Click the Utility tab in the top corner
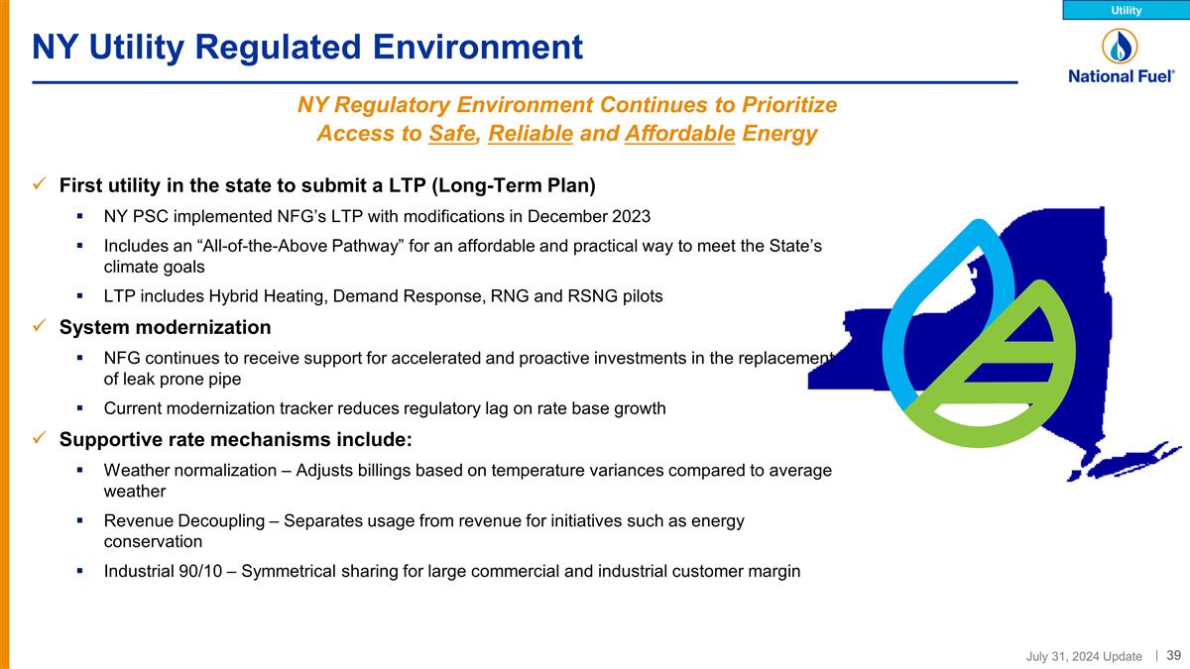(x=1126, y=10)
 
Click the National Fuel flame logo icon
(x=1120, y=46)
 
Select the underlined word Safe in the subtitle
(x=452, y=134)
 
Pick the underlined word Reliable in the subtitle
(x=531, y=134)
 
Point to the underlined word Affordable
(x=680, y=134)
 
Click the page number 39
(x=1173, y=655)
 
